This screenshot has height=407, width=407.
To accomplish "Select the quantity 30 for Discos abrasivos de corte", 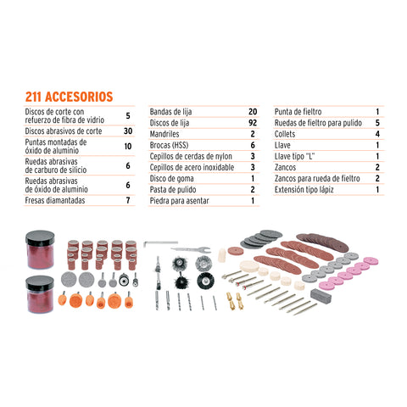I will click(x=128, y=131).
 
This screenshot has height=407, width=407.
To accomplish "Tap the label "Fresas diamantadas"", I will click(x=54, y=201).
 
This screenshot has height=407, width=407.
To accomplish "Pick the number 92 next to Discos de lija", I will click(x=252, y=123).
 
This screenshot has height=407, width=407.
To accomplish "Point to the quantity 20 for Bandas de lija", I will click(x=252, y=112).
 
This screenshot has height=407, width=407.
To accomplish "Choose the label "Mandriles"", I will click(x=167, y=134).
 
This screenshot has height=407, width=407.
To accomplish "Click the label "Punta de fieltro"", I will click(x=300, y=112).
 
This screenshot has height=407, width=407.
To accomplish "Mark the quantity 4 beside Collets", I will click(x=376, y=134).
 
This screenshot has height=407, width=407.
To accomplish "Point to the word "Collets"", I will click(x=287, y=134).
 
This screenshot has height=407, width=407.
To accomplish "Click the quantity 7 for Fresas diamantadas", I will click(x=128, y=201).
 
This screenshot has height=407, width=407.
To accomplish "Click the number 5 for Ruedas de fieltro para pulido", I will click(x=376, y=123).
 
